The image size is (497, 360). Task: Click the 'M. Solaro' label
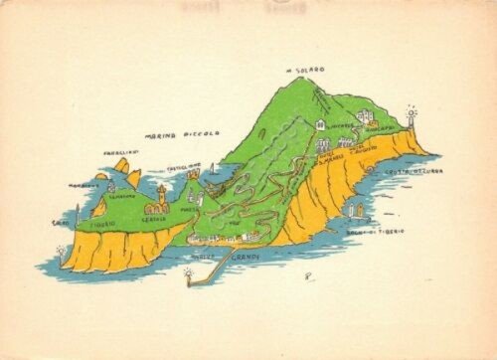(x=305, y=70)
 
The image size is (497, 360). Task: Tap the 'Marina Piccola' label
(x=183, y=134)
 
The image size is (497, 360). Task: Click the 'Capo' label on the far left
(x=60, y=223)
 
